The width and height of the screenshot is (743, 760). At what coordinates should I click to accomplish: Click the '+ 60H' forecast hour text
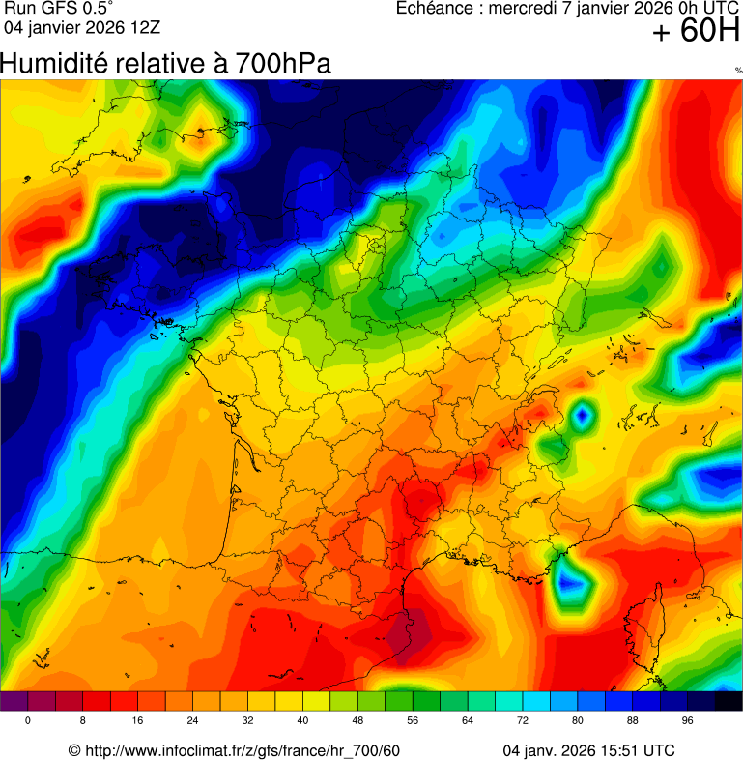(695, 32)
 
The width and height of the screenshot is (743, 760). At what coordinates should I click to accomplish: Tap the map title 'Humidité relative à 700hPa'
(166, 65)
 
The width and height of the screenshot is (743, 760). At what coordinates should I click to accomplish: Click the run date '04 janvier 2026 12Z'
(82, 27)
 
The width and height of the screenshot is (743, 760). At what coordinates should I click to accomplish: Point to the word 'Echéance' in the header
(437, 9)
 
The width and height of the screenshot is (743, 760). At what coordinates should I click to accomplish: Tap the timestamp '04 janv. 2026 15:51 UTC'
(589, 751)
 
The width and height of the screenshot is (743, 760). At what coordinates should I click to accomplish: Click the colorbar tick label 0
(28, 721)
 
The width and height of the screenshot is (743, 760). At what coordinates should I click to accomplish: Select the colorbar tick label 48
(357, 721)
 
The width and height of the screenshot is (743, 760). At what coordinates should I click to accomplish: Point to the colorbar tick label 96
(687, 721)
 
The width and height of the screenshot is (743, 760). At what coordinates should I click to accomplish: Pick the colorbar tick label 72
(523, 721)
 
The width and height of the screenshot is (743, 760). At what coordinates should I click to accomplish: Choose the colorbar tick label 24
(193, 721)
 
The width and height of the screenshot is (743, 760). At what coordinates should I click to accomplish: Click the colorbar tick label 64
(468, 721)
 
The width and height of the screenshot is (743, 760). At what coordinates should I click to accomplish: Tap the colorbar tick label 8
(83, 721)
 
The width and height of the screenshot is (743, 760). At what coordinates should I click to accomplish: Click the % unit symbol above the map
(738, 71)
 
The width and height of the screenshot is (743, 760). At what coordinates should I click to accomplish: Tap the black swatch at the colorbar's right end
(729, 702)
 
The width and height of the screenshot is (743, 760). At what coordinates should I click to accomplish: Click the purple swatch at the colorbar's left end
(14, 702)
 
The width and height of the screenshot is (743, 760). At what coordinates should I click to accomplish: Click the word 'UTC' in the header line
(721, 9)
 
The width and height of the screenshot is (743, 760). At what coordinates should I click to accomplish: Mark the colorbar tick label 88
(633, 721)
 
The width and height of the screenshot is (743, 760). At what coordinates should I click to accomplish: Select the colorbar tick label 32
(248, 721)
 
